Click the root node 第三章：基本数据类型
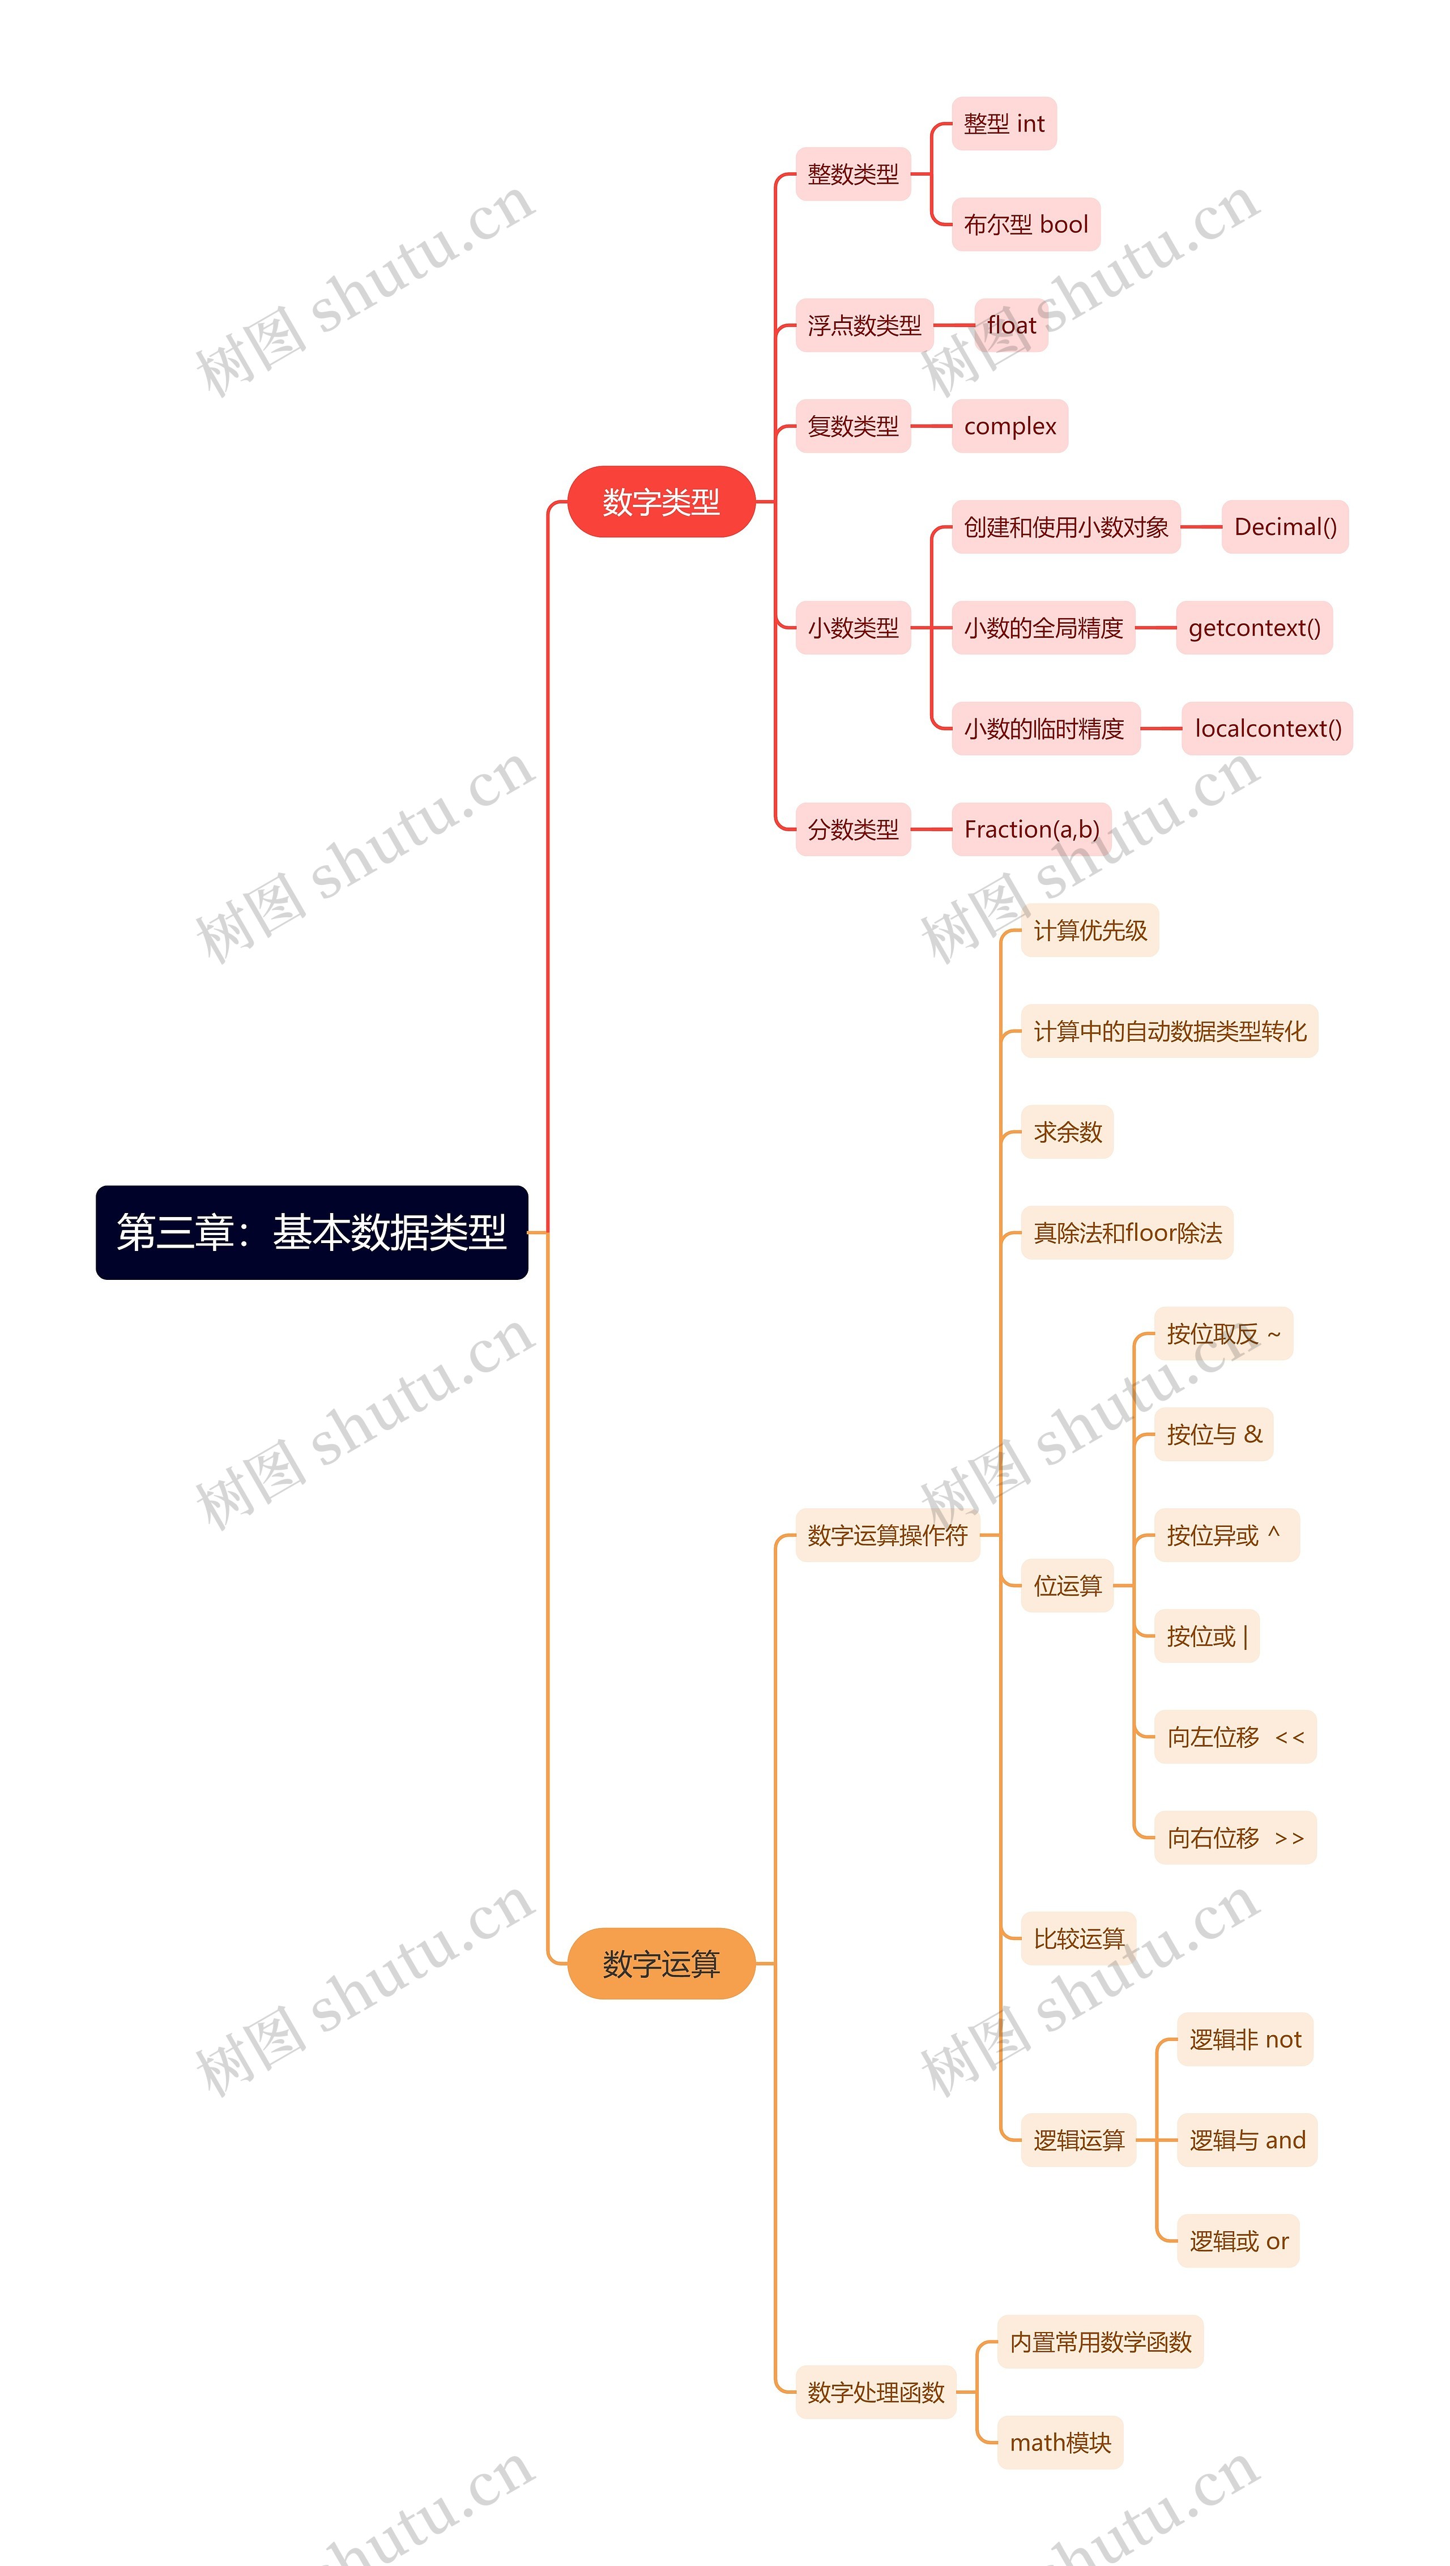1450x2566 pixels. click(x=312, y=1232)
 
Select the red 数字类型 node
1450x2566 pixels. click(x=661, y=501)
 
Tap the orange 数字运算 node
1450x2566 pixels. click(x=661, y=1963)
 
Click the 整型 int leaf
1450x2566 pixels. click(x=1004, y=124)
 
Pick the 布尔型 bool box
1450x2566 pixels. click(x=1026, y=224)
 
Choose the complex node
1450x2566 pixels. click(x=1010, y=426)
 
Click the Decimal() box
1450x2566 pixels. click(x=1285, y=527)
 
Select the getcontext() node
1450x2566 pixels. click(x=1254, y=628)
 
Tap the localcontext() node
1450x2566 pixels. click(x=1266, y=728)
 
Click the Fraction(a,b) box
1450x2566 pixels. click(x=1032, y=829)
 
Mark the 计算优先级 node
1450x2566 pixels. click(x=1090, y=930)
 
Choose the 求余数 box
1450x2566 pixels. click(x=1068, y=1131)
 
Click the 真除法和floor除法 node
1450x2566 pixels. click(x=1127, y=1232)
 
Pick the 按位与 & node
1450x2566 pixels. click(x=1214, y=1435)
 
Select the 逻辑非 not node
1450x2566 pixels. click(x=1245, y=2039)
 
